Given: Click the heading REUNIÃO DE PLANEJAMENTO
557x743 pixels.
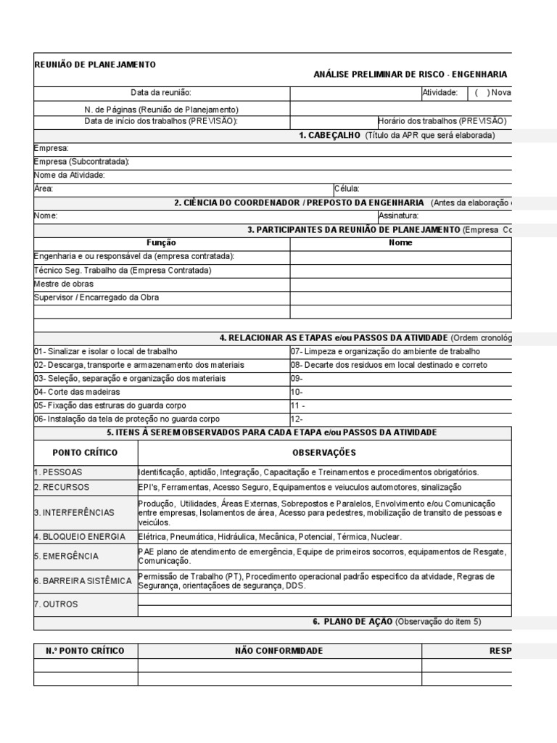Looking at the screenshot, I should [95, 65].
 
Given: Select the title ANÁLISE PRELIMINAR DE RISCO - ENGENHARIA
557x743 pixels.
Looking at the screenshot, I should [410, 75].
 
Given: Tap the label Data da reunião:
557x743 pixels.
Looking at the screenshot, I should [161, 93].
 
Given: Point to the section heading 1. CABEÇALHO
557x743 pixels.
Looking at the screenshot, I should [331, 135].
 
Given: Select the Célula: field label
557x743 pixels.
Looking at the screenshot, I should [347, 189].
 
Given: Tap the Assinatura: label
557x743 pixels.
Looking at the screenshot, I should [398, 216].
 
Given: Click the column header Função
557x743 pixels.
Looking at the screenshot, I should [161, 243].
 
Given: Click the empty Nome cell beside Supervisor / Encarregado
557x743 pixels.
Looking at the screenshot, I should [401, 297].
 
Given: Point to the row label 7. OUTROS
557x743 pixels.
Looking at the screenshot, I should [56, 604].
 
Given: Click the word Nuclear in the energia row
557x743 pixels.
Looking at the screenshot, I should [386, 537].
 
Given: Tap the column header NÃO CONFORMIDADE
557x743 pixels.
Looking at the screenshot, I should [279, 651].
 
